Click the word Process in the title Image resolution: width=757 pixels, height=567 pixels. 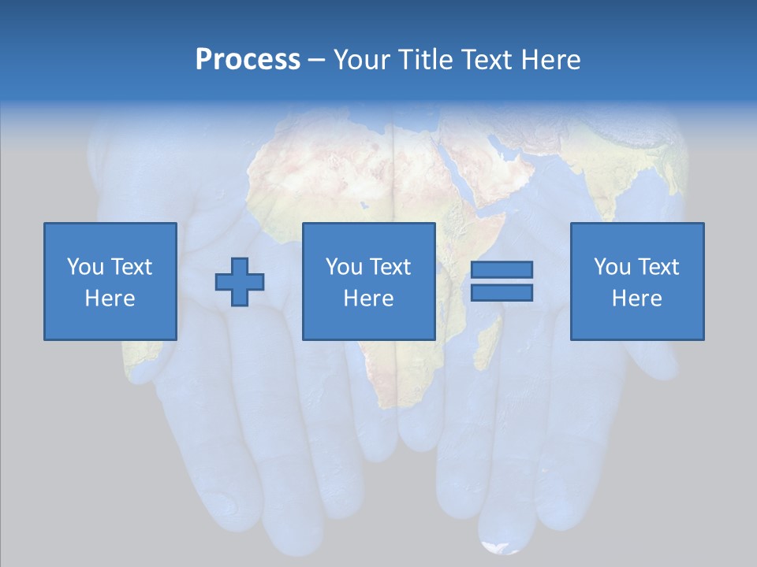248,60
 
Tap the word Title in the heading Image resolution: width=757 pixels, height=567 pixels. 426,60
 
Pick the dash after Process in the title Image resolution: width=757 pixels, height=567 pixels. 317,61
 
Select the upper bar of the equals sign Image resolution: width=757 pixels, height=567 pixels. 502,269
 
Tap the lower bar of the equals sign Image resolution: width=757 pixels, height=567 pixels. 502,292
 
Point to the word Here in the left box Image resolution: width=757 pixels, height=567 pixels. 110,298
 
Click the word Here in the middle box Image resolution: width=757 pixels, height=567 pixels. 368,298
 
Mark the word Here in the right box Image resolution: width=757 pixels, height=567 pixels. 636,298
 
